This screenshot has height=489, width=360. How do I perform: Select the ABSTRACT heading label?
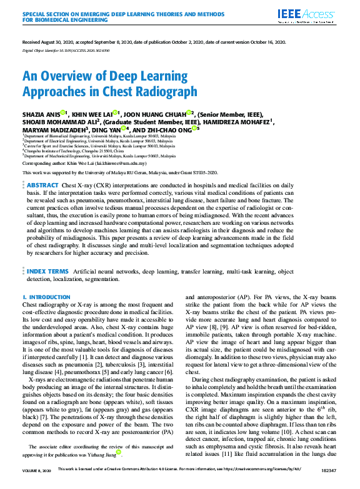coord(42,185)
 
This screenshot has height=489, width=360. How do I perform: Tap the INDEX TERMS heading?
coord(47,272)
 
